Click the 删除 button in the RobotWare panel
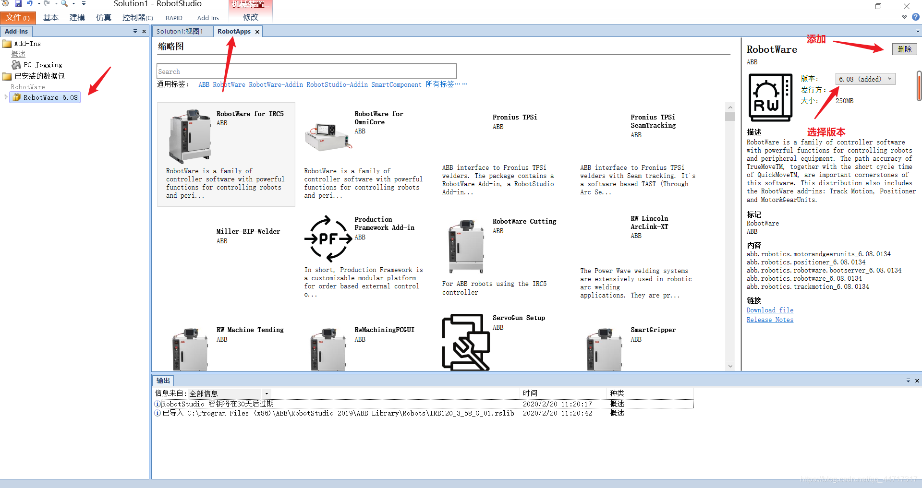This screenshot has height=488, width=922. point(905,49)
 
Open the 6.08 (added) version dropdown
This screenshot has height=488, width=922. point(865,79)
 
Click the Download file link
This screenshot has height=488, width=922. point(770,310)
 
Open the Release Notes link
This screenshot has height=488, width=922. point(770,320)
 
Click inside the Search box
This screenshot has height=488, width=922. point(306,71)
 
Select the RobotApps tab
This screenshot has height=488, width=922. point(234,32)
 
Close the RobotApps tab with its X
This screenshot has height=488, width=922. point(257,32)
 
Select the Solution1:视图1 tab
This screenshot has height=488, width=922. point(180,32)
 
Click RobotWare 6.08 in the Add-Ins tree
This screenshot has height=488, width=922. point(50,97)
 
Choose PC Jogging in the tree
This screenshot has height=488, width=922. point(43,65)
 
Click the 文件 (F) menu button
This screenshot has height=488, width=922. point(18,18)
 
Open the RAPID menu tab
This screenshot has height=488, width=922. point(174,18)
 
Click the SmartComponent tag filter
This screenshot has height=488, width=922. point(396,85)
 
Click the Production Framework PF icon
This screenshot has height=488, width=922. point(328,238)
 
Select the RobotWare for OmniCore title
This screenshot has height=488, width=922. point(378,118)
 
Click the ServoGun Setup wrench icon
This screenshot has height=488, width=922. point(466,342)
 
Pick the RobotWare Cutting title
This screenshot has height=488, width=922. point(524,222)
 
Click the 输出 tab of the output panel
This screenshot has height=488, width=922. point(163,381)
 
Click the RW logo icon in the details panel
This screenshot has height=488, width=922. point(770,97)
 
